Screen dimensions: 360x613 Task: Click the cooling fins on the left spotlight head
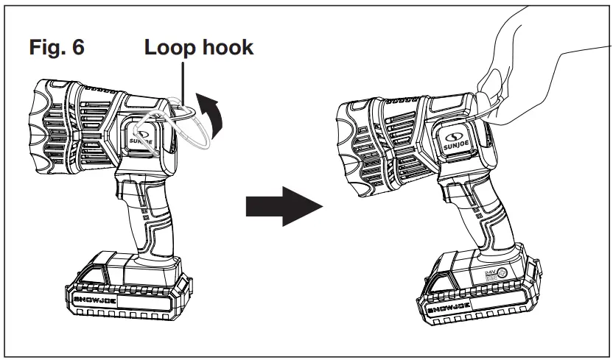point(81,125)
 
